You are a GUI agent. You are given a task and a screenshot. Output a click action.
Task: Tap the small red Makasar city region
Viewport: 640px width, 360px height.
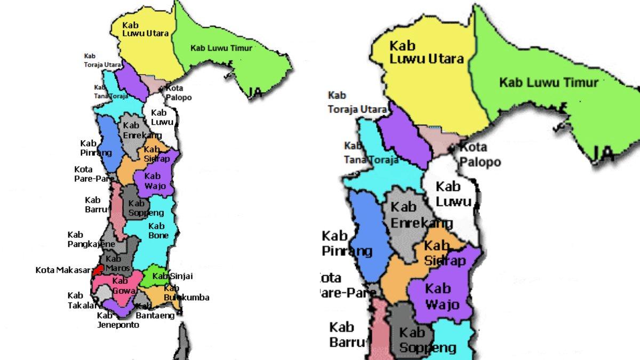click(x=97, y=269)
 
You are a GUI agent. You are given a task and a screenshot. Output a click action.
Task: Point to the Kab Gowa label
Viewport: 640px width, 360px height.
click(x=119, y=286)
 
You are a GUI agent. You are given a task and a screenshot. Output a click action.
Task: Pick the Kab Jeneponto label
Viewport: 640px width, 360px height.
click(x=118, y=320)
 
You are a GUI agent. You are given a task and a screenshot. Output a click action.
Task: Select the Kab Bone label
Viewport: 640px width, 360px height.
click(x=158, y=231)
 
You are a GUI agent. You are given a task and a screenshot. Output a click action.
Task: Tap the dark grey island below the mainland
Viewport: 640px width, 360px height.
click(x=183, y=341)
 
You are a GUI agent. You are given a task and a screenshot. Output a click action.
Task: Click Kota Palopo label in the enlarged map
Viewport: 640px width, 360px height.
click(x=480, y=154)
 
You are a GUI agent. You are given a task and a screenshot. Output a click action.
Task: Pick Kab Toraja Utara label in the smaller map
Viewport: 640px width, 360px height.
click(x=102, y=60)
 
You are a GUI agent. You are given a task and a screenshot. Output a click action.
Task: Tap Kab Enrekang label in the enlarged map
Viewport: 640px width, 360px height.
click(x=421, y=214)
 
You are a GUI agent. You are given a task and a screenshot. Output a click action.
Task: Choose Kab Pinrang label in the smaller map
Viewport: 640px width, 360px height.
click(x=96, y=148)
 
